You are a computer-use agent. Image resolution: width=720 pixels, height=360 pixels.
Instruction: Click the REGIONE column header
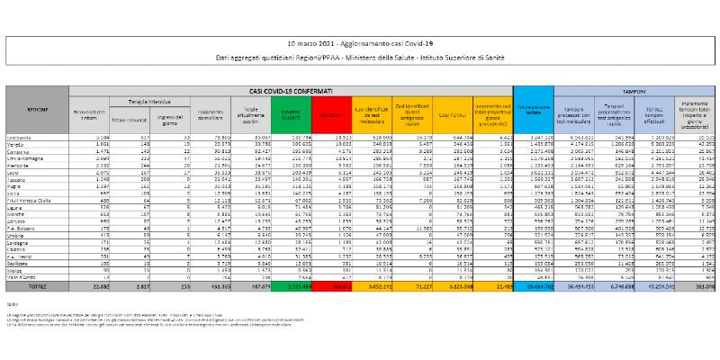[x=37, y=108]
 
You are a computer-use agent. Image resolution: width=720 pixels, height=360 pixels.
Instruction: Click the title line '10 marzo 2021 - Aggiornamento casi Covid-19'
[x=359, y=43]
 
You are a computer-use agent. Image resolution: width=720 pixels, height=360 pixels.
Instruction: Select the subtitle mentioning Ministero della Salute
[x=359, y=57]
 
